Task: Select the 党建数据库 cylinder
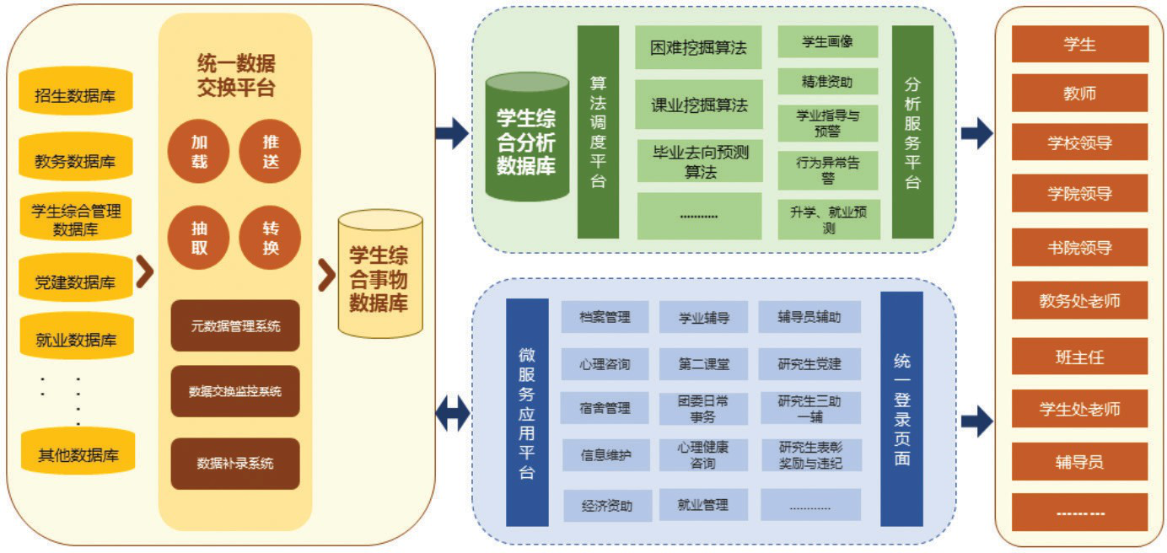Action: click(75, 281)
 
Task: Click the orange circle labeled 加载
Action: click(198, 152)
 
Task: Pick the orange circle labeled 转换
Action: click(270, 239)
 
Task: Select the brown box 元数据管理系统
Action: click(234, 326)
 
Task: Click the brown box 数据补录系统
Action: click(234, 463)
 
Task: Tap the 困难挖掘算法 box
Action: click(698, 47)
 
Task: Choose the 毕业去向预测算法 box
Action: click(699, 161)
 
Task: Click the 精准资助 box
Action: click(827, 82)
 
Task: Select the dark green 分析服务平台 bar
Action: click(912, 132)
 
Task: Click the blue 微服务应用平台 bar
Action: click(527, 411)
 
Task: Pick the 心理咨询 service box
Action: click(604, 365)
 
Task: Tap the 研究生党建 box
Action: click(809, 365)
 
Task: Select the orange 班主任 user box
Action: click(1079, 357)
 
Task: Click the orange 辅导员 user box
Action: click(1079, 461)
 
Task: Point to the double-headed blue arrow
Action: click(453, 411)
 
